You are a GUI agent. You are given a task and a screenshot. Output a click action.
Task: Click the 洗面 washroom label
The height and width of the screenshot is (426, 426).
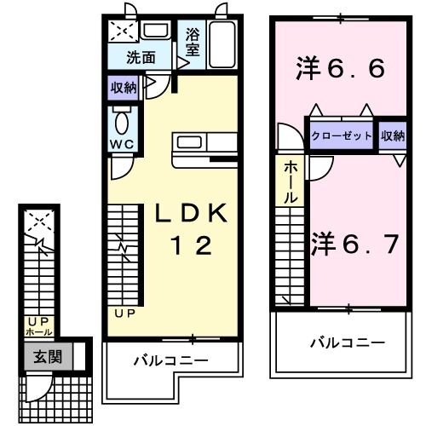point(141,58)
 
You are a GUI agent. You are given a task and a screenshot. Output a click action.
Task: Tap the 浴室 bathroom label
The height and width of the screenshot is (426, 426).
point(193,44)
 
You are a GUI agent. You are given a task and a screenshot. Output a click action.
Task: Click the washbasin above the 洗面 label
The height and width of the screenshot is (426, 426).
point(154,31)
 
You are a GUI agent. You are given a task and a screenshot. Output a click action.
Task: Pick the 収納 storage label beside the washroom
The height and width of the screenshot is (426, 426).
point(123,87)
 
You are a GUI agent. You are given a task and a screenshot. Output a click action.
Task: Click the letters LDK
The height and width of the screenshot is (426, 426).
point(191,216)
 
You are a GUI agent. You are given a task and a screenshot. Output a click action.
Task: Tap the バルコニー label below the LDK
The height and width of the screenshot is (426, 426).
point(170,361)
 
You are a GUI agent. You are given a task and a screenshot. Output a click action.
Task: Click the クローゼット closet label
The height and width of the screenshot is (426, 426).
point(341,136)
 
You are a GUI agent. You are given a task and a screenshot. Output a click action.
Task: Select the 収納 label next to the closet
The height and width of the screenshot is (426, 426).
point(393,136)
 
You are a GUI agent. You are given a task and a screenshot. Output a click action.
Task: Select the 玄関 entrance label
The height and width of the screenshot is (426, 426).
point(47,358)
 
